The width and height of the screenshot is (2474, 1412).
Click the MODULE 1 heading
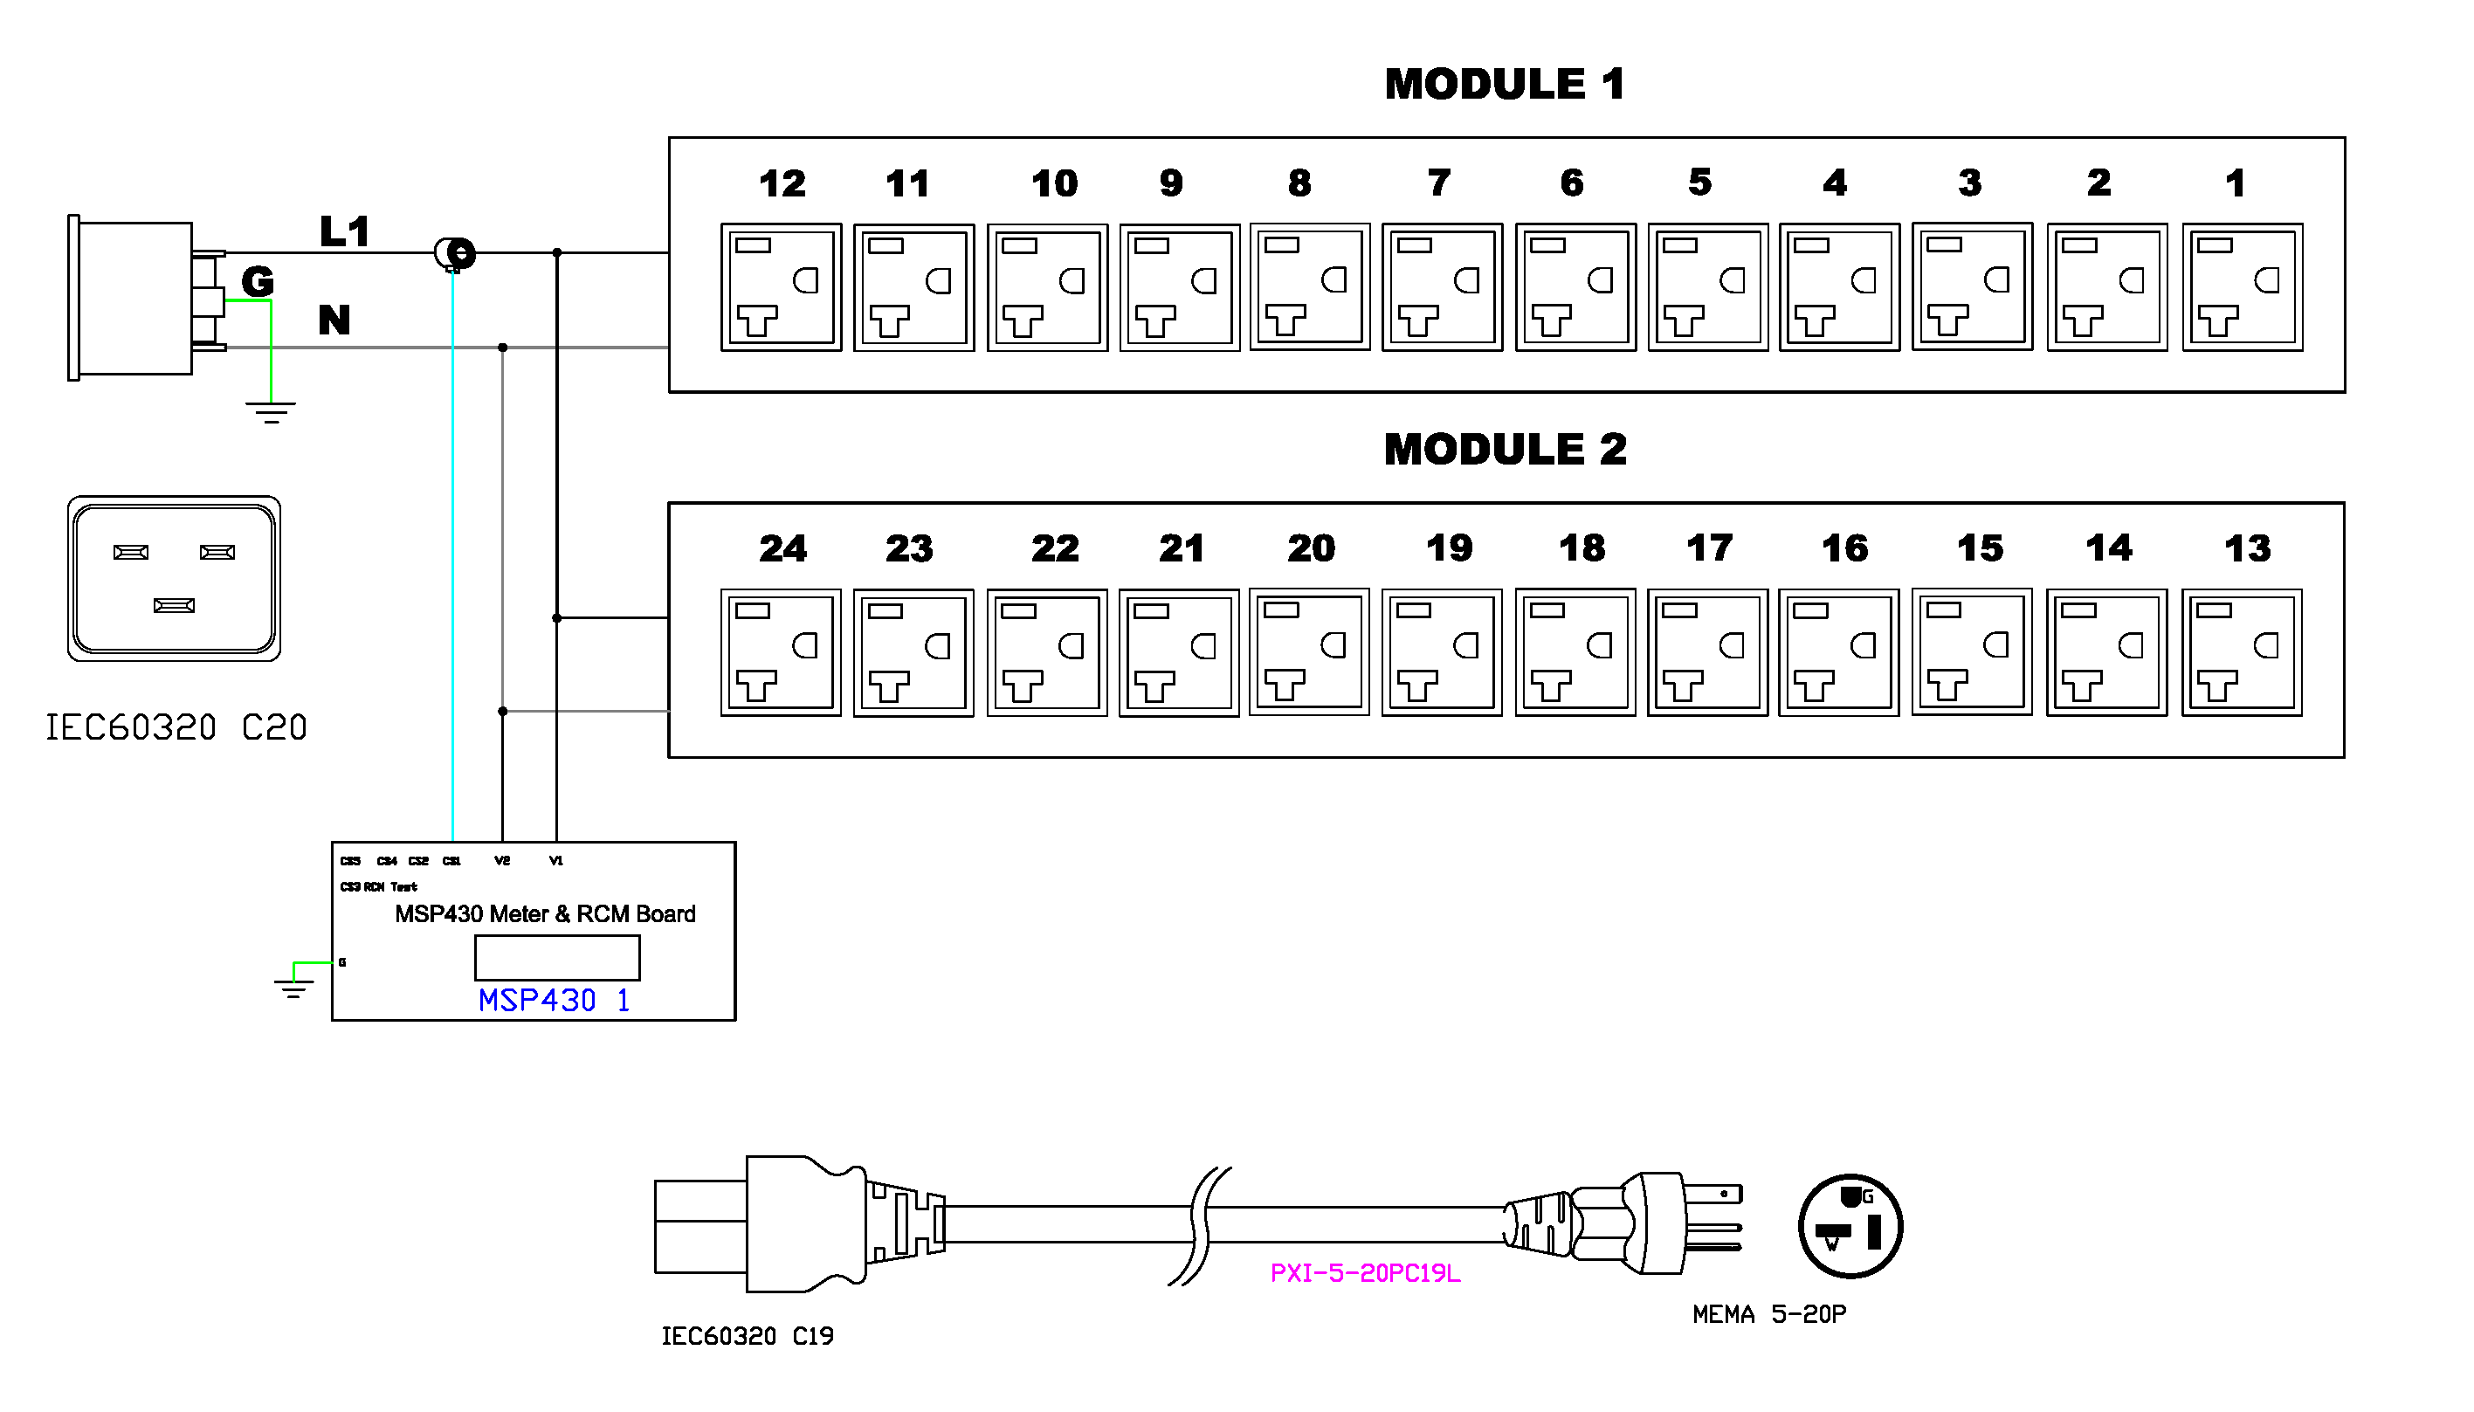click(1503, 85)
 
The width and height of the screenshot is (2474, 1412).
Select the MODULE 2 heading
click(1504, 449)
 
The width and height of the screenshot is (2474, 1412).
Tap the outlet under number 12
click(781, 287)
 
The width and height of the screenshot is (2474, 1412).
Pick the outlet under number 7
click(1442, 287)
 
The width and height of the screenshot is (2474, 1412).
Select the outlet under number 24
click(781, 652)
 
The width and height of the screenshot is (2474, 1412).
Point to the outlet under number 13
click(2241, 652)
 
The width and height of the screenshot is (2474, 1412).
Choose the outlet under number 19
click(1442, 652)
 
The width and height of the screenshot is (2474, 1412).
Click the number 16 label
click(1843, 549)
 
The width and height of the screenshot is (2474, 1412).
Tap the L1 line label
click(344, 231)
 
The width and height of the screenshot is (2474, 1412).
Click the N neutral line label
click(334, 320)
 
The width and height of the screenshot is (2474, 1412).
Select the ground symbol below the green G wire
click(271, 412)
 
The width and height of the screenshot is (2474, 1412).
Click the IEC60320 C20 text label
click(176, 727)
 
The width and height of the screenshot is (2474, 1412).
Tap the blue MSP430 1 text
click(554, 1000)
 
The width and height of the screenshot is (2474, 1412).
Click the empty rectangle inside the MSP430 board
click(556, 958)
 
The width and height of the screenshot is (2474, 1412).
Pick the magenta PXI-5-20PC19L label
click(1365, 1273)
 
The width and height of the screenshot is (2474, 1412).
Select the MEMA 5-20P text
click(1769, 1315)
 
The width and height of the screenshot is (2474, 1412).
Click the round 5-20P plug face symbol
click(1850, 1226)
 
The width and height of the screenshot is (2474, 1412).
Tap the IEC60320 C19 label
click(747, 1336)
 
